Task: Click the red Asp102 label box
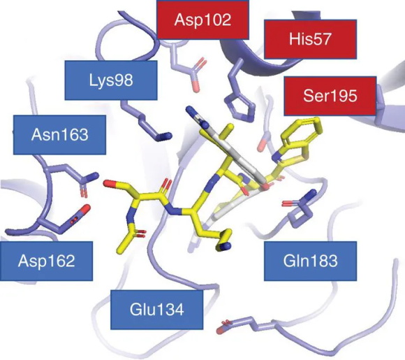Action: click(203, 20)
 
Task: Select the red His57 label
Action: click(310, 39)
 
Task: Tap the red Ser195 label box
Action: click(330, 96)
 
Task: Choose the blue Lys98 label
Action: click(111, 80)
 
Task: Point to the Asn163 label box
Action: click(59, 135)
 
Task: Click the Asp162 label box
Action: click(47, 261)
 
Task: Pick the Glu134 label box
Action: click(157, 310)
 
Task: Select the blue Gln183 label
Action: click(310, 261)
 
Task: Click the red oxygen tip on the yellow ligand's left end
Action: click(108, 183)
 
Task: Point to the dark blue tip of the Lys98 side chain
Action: click(168, 136)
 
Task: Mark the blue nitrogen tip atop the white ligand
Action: click(189, 109)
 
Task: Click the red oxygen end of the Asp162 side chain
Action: click(86, 208)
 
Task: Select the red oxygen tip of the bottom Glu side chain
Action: click(219, 331)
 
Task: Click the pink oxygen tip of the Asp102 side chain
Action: click(196, 87)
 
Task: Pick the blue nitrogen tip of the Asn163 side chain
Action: click(94, 175)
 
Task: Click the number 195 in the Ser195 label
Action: click(343, 96)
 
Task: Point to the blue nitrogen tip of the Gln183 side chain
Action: click(311, 194)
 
